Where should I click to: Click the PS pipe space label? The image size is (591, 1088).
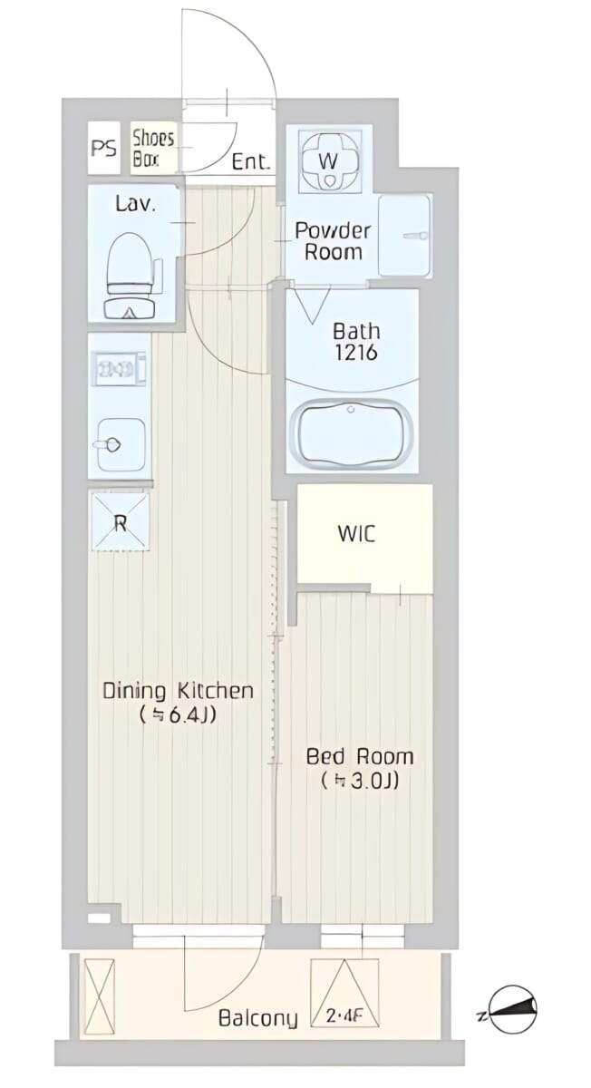(104, 148)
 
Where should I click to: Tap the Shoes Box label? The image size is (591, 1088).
(153, 148)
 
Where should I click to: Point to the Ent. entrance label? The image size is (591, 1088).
(250, 161)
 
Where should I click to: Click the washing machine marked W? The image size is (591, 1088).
(329, 160)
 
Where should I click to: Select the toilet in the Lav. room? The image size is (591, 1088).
(131, 276)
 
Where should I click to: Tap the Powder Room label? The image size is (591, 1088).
(334, 241)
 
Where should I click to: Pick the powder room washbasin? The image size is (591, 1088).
(404, 236)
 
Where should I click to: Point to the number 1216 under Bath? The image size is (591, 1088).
(356, 353)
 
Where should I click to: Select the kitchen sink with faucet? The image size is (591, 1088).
(121, 443)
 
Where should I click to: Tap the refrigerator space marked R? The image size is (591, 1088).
(120, 521)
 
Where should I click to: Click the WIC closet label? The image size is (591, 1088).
(357, 534)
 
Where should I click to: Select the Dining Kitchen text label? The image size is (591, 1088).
(179, 691)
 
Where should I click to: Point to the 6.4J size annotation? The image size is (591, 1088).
(178, 715)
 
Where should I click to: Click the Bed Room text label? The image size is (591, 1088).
(360, 757)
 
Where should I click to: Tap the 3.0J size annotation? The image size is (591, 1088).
(360, 781)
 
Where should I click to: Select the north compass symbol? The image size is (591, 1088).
(511, 1002)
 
